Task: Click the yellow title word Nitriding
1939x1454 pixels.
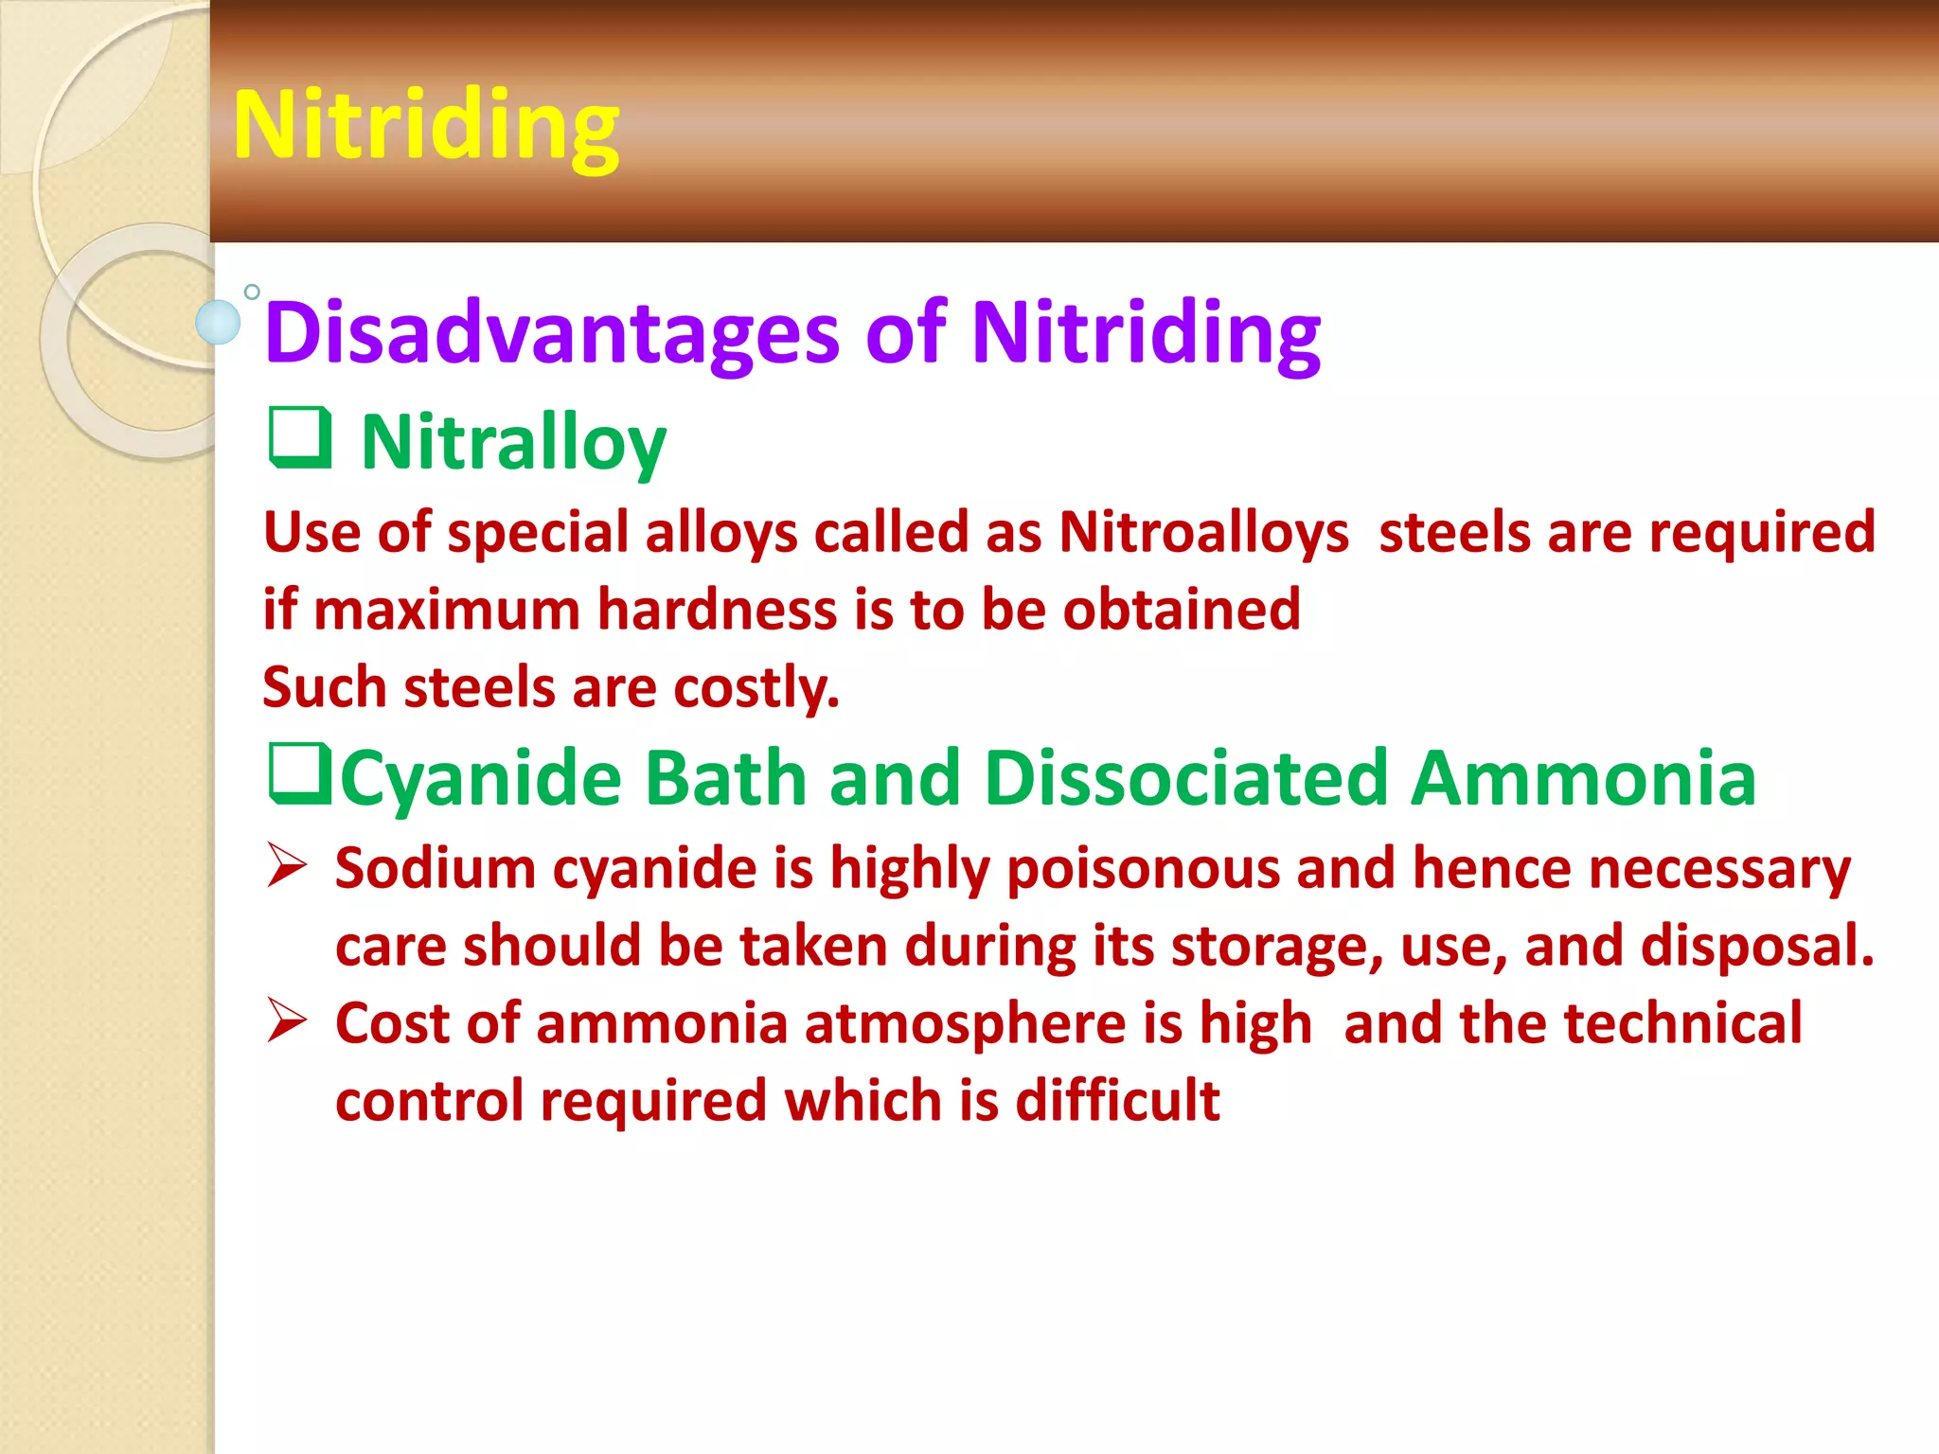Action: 425,125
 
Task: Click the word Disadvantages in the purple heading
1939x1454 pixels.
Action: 552,333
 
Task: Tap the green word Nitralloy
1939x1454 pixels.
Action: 513,443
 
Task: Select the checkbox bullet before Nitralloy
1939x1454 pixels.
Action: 300,437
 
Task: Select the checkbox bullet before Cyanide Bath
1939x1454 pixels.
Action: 300,774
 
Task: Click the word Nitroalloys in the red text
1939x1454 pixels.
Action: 1203,532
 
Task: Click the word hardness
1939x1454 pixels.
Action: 717,610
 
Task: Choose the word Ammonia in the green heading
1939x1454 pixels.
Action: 1583,779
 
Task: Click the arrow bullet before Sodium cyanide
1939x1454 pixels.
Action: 287,865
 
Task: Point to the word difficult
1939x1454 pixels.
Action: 1117,1101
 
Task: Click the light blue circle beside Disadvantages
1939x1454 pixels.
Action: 219,322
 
